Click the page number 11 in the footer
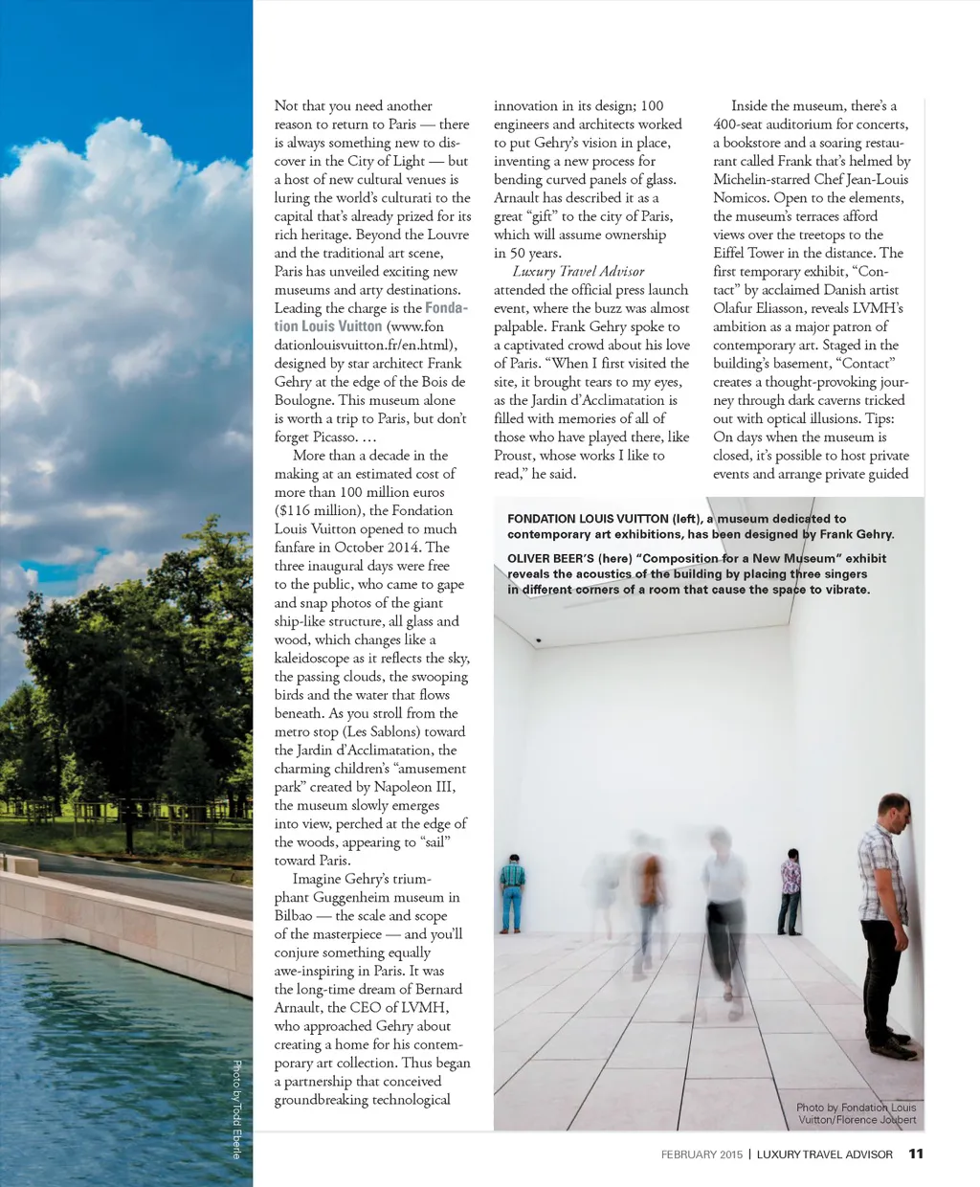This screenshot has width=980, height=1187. click(916, 1153)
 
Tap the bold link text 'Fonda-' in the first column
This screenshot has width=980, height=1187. click(446, 308)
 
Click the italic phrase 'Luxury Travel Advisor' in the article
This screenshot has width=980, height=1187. click(578, 271)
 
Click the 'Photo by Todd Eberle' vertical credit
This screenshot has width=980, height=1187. click(236, 1109)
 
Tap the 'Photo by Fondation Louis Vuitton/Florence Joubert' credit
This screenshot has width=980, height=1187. click(856, 1113)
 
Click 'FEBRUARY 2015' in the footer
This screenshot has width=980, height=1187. click(702, 1154)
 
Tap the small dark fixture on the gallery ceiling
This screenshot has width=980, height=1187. click(538, 640)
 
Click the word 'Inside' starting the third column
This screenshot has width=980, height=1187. click(752, 106)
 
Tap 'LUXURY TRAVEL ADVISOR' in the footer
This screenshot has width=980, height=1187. click(824, 1154)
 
